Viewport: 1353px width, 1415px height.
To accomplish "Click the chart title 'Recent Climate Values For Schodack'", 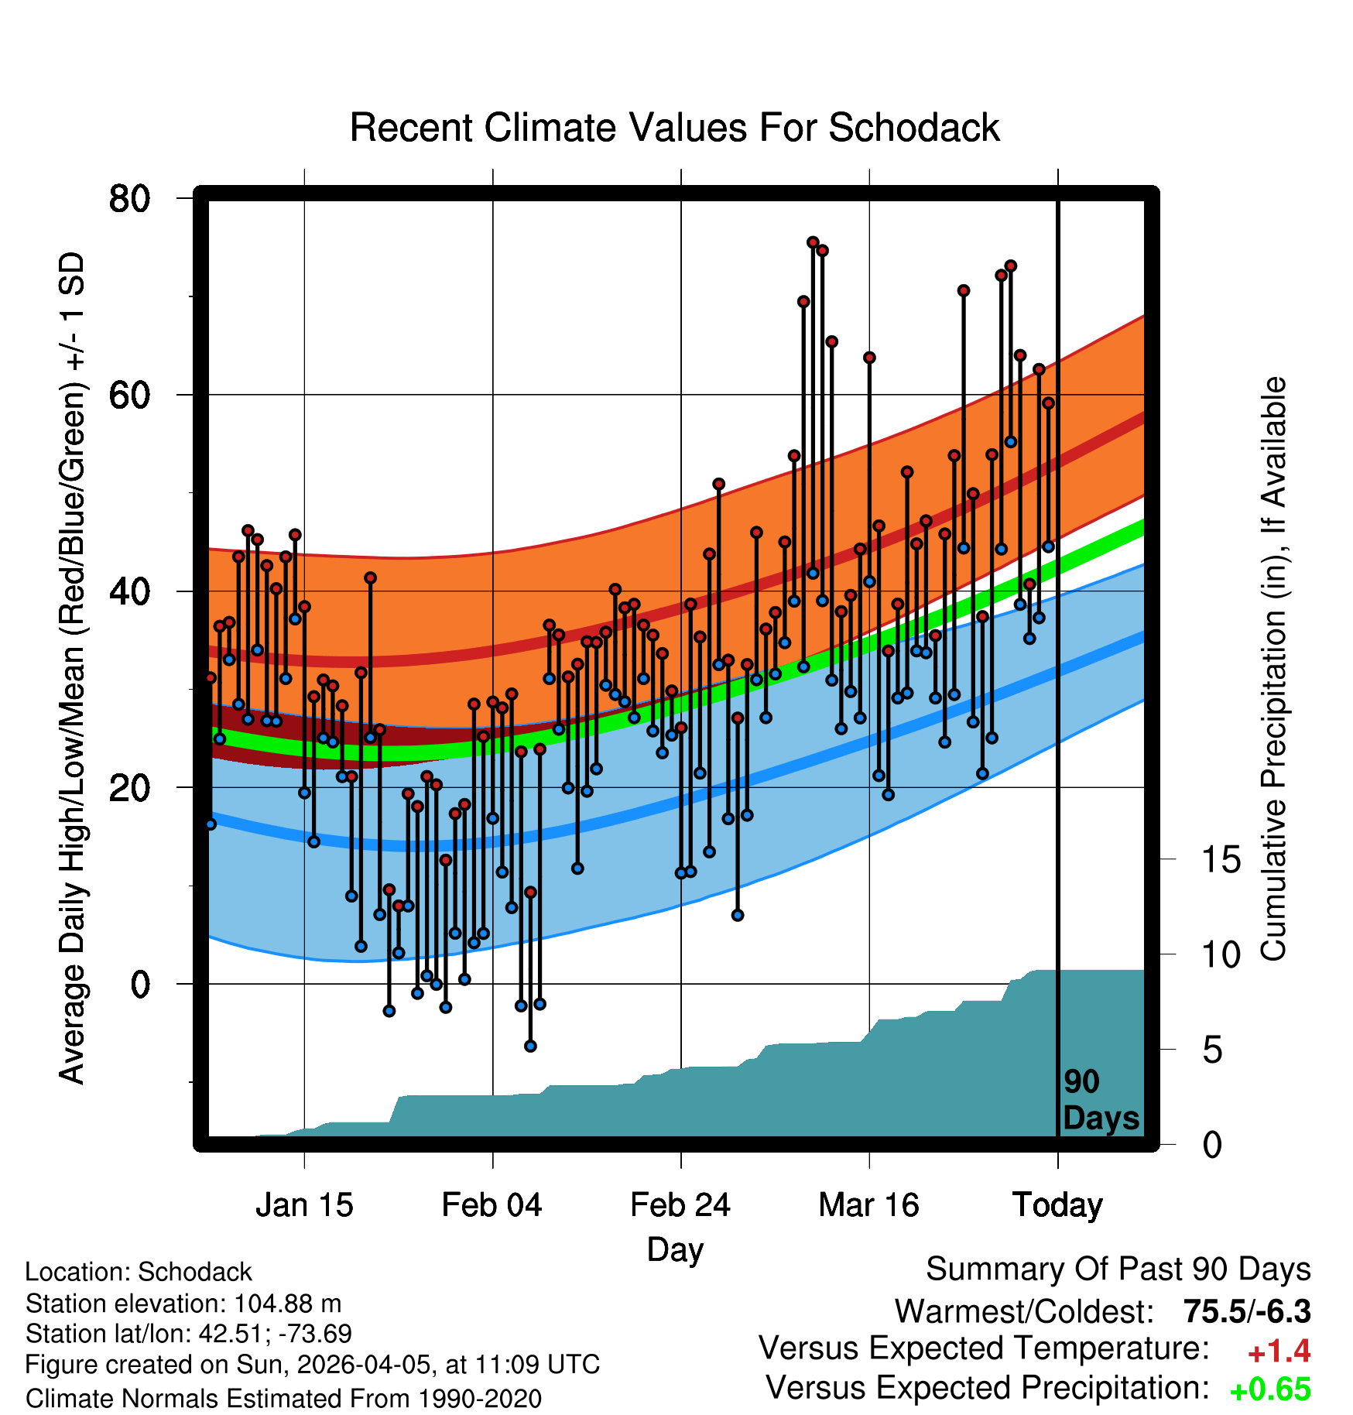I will click(674, 128).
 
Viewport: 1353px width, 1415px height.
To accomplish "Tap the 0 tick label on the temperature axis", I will click(139, 985).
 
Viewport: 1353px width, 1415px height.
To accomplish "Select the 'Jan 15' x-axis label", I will click(304, 1205).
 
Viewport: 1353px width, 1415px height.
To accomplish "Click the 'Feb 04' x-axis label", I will click(492, 1205).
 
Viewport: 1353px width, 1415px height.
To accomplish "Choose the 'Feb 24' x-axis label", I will click(680, 1205).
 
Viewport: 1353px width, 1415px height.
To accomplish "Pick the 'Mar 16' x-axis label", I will click(868, 1205).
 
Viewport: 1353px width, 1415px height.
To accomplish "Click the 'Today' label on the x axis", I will click(1057, 1205).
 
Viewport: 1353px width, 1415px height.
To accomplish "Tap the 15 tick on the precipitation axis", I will click(1221, 860).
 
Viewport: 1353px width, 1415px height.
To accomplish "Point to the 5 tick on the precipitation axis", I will click(1212, 1050).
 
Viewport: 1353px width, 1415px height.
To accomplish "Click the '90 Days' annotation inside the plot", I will click(1100, 1100).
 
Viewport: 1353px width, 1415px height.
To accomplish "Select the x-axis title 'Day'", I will click(675, 1249).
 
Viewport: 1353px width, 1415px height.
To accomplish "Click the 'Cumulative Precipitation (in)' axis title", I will click(1273, 670).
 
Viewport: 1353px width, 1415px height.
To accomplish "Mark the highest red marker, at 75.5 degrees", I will click(813, 242).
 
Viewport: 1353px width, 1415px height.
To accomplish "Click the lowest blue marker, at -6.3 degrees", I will click(530, 1046).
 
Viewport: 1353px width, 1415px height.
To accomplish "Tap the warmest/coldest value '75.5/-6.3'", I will click(1246, 1311).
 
